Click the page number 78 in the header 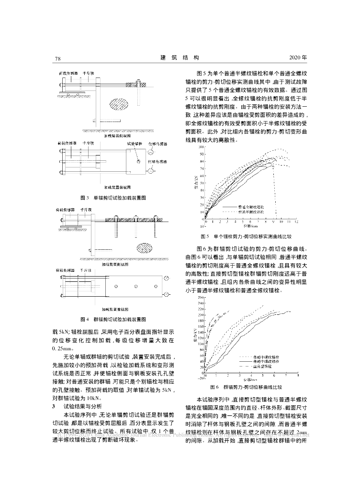(57, 58)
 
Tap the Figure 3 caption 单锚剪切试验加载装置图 (113, 197)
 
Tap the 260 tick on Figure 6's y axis (200, 298)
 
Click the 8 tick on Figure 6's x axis (298, 377)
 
